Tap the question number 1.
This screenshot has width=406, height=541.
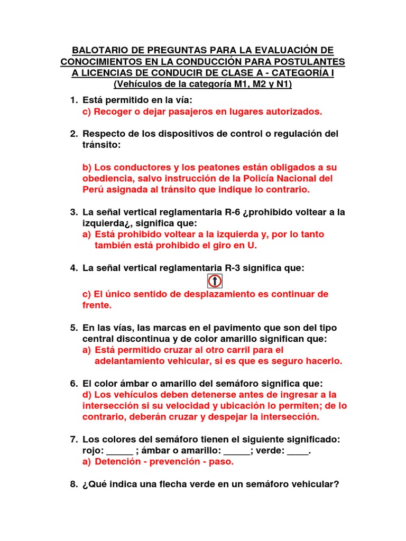[x=73, y=100]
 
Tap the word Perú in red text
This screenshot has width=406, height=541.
[x=94, y=190]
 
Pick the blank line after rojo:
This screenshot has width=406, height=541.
[x=120, y=451]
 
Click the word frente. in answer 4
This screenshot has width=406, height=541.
[x=97, y=305]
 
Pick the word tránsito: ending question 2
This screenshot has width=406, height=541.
[x=101, y=145]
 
